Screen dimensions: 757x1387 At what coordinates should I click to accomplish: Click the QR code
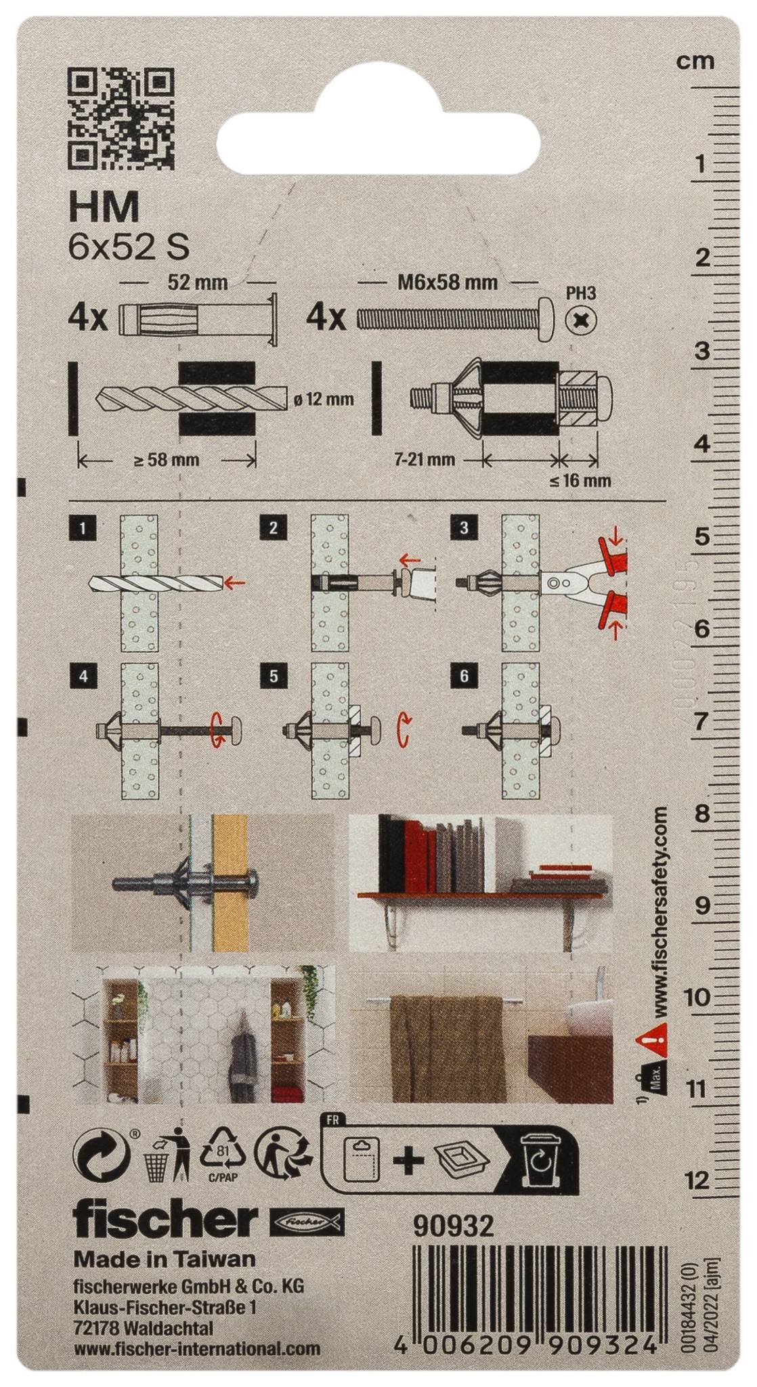coord(123,120)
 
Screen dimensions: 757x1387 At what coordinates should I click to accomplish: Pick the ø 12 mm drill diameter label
coord(324,399)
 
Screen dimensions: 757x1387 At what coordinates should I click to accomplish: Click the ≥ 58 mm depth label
coord(167,460)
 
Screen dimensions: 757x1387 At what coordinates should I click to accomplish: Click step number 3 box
coord(464,527)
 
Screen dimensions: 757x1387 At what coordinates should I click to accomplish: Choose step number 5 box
coord(273,675)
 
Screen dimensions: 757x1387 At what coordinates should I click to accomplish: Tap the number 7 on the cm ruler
coord(703,721)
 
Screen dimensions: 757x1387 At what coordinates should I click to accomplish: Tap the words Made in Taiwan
coord(165,1258)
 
